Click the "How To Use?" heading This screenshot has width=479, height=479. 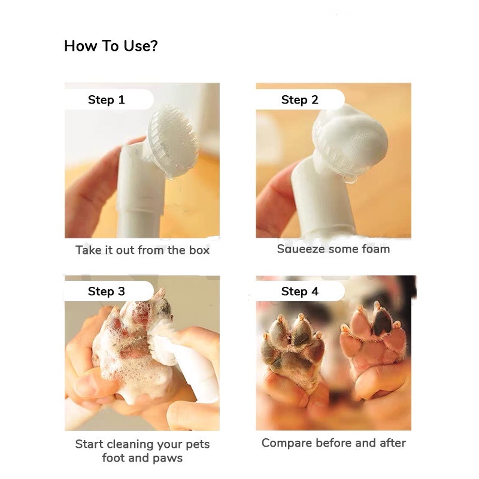coord(111,46)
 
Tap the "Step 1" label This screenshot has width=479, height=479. coord(107,100)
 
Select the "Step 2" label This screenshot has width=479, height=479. coord(300,100)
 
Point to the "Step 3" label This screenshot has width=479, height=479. coord(107,292)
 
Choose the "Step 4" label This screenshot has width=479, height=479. coord(300,292)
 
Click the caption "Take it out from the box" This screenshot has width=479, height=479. coord(143,250)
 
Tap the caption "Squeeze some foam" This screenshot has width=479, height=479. coord(334,248)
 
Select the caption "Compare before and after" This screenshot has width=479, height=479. coord(334,442)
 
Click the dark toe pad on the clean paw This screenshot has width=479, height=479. coord(382,324)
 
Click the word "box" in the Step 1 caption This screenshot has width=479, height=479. coord(199,250)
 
